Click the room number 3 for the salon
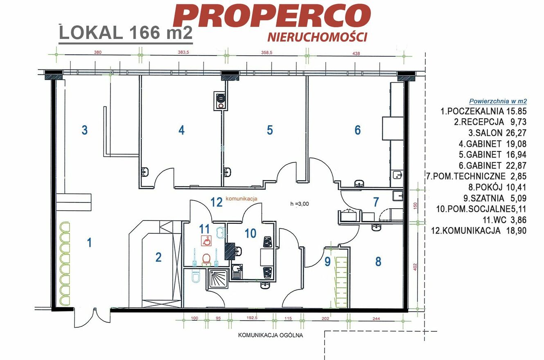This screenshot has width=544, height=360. point(84,130)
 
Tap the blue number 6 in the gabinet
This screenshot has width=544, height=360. point(357,130)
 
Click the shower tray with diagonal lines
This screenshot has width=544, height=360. point(217,279)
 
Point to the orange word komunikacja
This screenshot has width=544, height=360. point(242,198)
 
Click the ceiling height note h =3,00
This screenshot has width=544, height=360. point(300,204)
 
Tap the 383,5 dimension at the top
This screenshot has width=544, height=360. point(183,52)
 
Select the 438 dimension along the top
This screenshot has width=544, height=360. point(356,54)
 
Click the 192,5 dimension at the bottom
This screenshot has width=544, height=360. point(252,318)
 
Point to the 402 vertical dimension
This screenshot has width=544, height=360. point(415,267)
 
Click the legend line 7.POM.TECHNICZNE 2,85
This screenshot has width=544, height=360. point(476,176)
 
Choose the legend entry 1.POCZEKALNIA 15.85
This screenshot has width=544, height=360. point(483,111)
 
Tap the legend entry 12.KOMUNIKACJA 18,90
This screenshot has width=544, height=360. point(479,230)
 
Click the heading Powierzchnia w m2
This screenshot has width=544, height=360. point(498,101)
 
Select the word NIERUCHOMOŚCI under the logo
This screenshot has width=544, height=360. point(317,37)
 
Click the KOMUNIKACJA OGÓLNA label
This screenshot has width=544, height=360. point(271,335)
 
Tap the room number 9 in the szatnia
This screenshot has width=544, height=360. point(327,261)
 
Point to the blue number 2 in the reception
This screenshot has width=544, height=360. point(158,257)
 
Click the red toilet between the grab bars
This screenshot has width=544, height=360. point(206,259)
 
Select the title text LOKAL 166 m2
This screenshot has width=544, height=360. point(126,33)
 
